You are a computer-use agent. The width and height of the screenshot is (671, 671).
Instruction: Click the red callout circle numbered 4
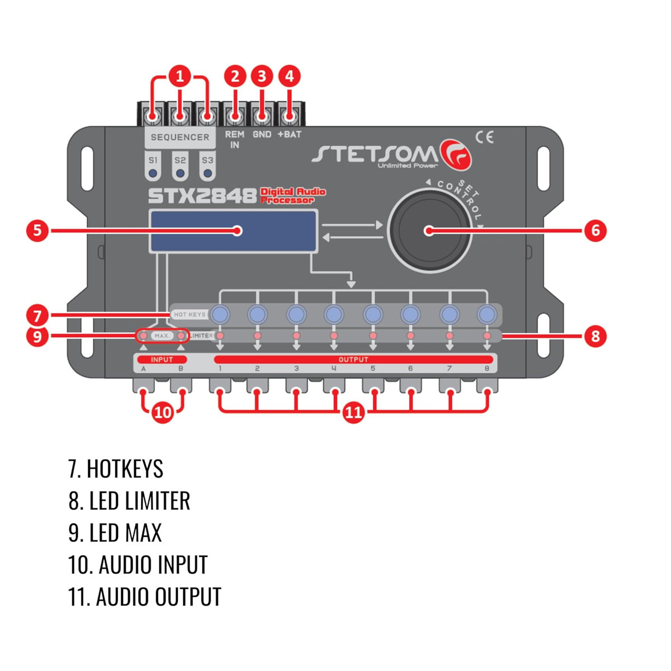(x=289, y=76)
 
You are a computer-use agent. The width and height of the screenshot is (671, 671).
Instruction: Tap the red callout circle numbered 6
(x=595, y=230)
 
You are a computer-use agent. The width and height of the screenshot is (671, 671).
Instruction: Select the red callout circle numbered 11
(x=353, y=413)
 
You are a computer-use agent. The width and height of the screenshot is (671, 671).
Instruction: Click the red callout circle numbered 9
(x=37, y=336)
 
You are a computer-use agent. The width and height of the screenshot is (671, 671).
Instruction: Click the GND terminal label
(x=262, y=134)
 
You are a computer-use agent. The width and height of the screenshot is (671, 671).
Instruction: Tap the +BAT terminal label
(x=289, y=134)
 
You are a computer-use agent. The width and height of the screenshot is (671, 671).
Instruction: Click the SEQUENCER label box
(x=179, y=137)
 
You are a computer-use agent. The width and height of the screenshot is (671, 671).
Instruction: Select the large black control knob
(x=429, y=230)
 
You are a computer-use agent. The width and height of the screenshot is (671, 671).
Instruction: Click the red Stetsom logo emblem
(x=456, y=154)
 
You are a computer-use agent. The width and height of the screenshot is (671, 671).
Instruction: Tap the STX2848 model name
(x=202, y=196)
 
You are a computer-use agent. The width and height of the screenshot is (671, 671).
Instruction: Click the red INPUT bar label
(x=162, y=360)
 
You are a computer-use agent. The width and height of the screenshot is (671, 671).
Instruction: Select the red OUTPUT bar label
(x=353, y=360)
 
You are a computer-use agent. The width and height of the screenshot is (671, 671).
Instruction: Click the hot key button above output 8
(x=487, y=314)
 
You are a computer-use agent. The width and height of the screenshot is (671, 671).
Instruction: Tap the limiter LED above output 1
(x=220, y=335)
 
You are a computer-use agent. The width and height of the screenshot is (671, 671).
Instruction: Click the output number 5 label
(x=372, y=369)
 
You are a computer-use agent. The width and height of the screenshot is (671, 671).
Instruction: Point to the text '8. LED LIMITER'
(x=129, y=501)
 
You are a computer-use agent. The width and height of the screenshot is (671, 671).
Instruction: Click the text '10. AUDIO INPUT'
(x=138, y=565)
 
